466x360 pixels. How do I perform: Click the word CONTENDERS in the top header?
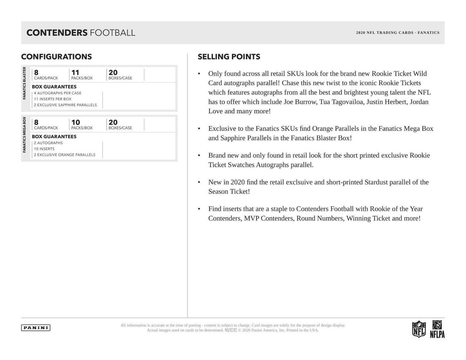(57, 33)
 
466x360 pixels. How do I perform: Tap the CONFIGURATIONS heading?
(56, 57)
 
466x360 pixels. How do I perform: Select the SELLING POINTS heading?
(229, 57)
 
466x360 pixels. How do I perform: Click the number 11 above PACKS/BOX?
(75, 73)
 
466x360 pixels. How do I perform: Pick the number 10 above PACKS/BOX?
(75, 122)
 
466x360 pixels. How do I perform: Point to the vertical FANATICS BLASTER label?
(24, 83)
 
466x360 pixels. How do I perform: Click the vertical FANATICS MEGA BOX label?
(24, 135)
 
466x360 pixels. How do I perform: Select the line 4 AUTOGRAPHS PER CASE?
(58, 93)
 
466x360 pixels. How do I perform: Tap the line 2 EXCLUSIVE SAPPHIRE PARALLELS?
(65, 105)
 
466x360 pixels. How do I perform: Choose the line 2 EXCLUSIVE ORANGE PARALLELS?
(65, 155)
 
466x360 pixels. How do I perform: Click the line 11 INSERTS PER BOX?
(53, 99)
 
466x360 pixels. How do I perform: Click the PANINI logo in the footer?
(36, 328)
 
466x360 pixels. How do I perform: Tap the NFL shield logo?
(419, 329)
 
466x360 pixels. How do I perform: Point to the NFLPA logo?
(437, 329)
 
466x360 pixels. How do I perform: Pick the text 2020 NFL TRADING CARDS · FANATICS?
(398, 33)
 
